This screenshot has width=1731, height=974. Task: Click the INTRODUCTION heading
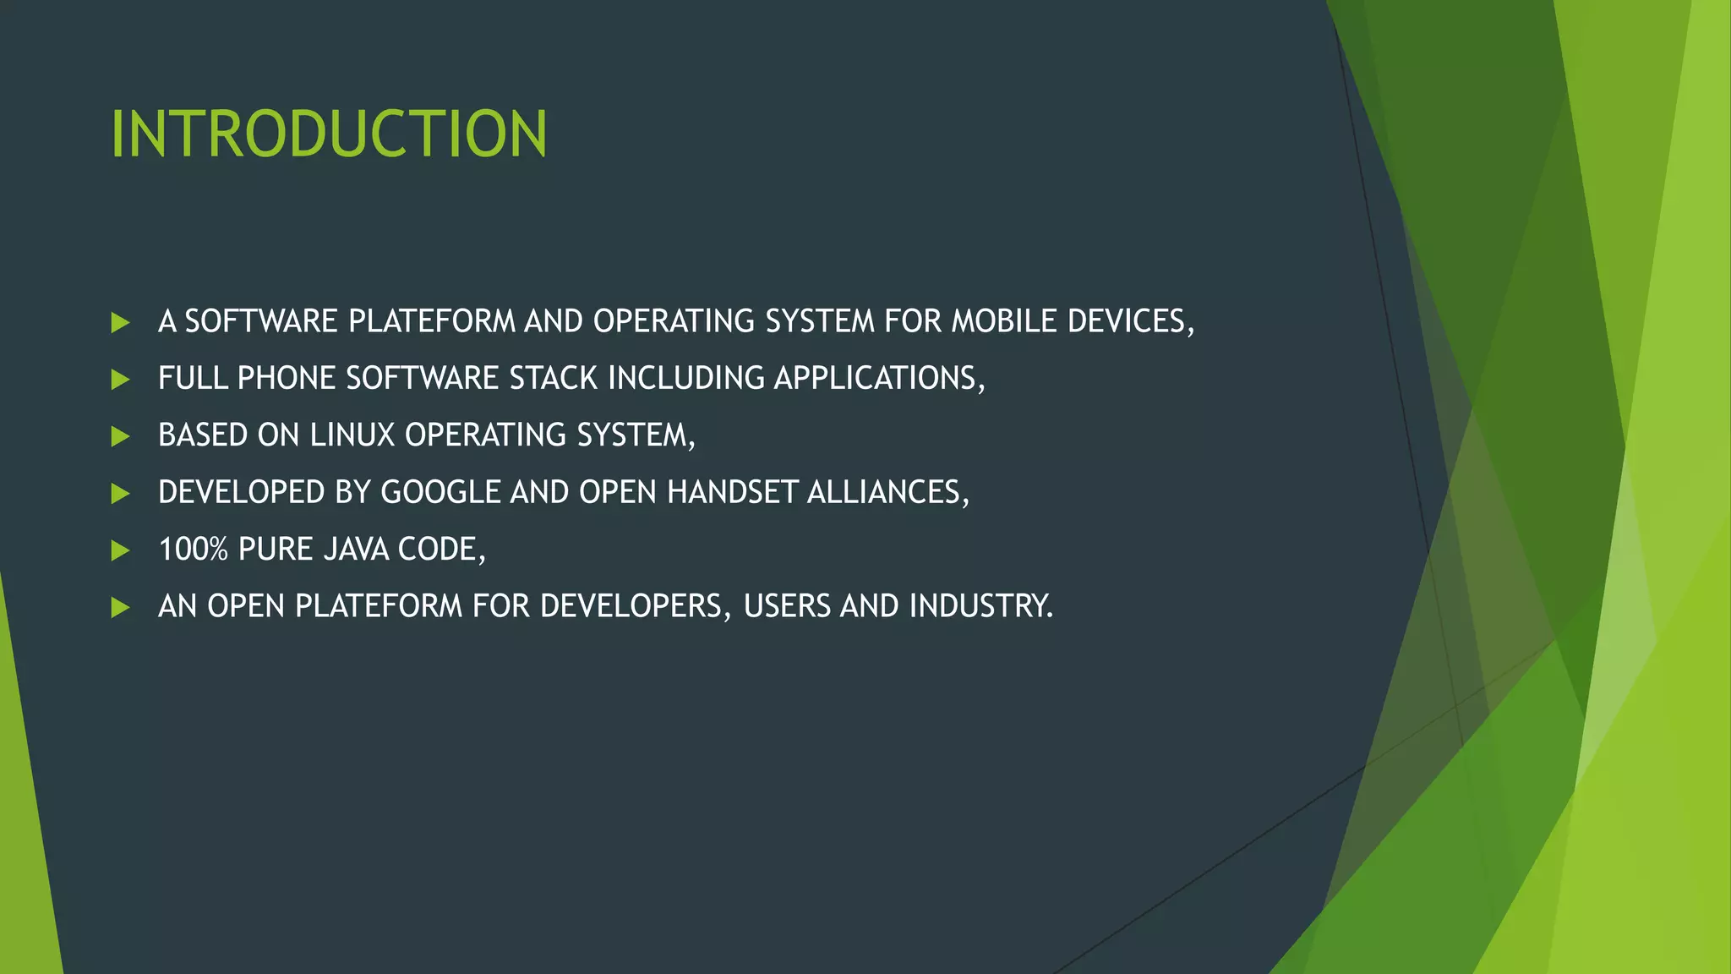[329, 134]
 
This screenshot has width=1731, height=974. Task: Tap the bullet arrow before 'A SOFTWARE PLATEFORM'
[120, 322]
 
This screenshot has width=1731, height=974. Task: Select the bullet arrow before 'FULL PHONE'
[120, 379]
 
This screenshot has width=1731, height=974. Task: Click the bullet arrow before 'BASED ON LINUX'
[120, 436]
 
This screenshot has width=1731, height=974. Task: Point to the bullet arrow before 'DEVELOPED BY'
[120, 493]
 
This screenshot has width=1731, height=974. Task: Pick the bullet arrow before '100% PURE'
[120, 550]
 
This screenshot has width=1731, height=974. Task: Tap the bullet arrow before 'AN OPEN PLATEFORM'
[120, 607]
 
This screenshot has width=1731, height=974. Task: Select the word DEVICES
[1129, 321]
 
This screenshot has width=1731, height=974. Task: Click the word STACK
[554, 378]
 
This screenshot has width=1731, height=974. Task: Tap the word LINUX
[352, 435]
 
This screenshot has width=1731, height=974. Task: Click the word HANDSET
[732, 492]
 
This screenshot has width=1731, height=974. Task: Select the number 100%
[194, 550]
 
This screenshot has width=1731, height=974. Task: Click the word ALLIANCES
[887, 492]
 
